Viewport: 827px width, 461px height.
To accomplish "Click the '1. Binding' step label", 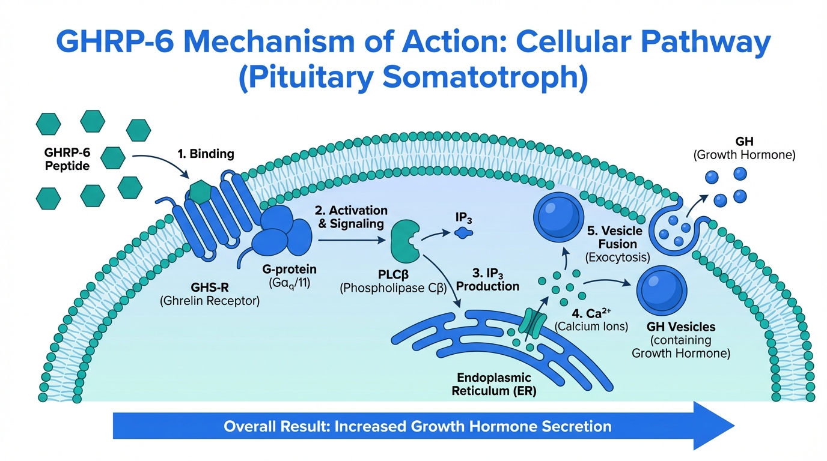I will pos(206,154).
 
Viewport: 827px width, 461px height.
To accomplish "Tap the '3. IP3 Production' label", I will pos(487,279).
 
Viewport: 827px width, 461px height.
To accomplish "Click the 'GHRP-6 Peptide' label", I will pos(66,158).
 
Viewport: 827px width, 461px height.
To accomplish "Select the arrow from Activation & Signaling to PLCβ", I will pos(352,240).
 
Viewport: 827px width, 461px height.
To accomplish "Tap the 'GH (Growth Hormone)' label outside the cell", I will pos(744,148).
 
